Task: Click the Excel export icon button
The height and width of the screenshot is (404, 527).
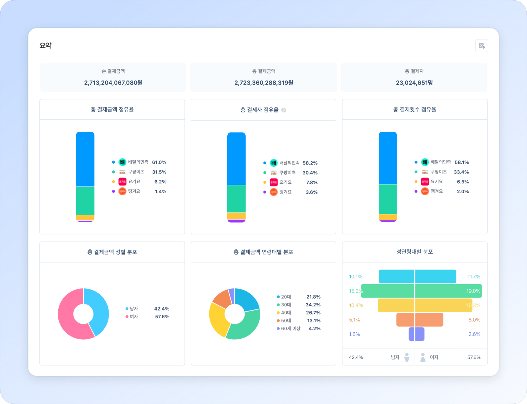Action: pyautogui.click(x=482, y=46)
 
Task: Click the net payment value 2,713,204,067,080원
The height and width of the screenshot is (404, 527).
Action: pyautogui.click(x=113, y=83)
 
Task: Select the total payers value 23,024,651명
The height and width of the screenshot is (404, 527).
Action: pyautogui.click(x=414, y=83)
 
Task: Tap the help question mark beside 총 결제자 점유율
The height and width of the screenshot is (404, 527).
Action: pyautogui.click(x=284, y=110)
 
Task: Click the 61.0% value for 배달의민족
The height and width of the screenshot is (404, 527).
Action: pyautogui.click(x=159, y=162)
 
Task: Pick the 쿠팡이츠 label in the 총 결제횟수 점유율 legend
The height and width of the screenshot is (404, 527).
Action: pyautogui.click(x=439, y=172)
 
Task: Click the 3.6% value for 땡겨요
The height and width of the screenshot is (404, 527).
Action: pyautogui.click(x=312, y=192)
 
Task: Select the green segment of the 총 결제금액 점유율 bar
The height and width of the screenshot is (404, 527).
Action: pyautogui.click(x=85, y=201)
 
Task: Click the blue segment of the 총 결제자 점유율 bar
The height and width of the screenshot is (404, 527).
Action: pyautogui.click(x=236, y=158)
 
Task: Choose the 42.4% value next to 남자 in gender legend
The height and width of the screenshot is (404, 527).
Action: pyautogui.click(x=162, y=309)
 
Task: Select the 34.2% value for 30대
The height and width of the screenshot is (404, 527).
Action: pyautogui.click(x=313, y=305)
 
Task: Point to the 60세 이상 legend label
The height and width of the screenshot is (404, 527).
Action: pyautogui.click(x=291, y=328)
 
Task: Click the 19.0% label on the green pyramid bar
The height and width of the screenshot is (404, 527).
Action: pyautogui.click(x=473, y=291)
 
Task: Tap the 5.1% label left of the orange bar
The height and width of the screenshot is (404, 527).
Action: pyautogui.click(x=354, y=320)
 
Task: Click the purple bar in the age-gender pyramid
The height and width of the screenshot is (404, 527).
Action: pyautogui.click(x=416, y=334)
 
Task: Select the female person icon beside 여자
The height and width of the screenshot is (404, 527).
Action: pyautogui.click(x=423, y=357)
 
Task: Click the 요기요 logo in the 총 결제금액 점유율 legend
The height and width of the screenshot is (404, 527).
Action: pyautogui.click(x=122, y=182)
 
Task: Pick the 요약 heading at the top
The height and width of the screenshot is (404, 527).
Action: pyautogui.click(x=46, y=45)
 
